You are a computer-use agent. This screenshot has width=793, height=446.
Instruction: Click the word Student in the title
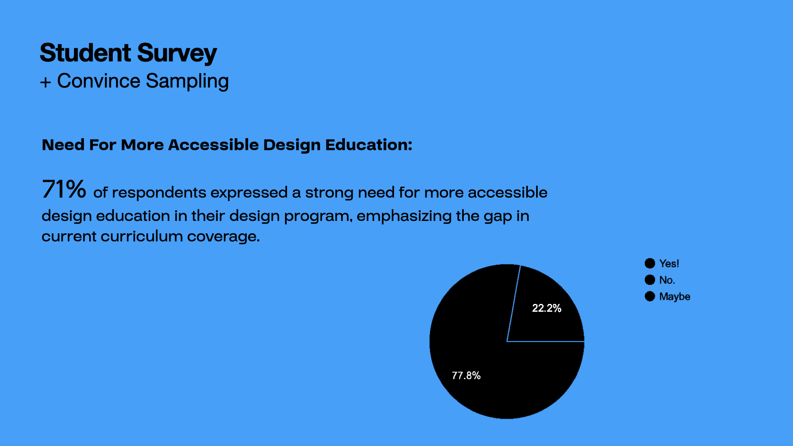(x=85, y=53)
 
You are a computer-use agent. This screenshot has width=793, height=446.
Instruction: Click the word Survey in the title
(x=177, y=54)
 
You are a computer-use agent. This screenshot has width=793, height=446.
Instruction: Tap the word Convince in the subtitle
(x=99, y=81)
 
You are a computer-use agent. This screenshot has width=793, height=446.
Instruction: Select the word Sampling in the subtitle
(x=188, y=82)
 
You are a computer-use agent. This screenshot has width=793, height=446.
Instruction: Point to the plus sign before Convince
(x=45, y=82)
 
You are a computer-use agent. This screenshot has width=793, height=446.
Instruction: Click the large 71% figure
(x=64, y=189)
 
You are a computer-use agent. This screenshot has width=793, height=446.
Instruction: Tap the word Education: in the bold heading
(x=369, y=145)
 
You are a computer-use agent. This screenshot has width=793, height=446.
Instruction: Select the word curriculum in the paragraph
(x=142, y=236)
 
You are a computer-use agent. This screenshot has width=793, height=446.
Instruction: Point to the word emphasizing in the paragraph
(x=404, y=216)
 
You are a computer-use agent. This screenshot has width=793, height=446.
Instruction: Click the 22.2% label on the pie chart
(x=546, y=308)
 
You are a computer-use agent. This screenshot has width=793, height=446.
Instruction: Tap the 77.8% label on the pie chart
(x=466, y=375)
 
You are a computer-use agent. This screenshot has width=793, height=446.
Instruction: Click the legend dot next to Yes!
(x=650, y=263)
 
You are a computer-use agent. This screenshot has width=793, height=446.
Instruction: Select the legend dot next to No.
(x=650, y=280)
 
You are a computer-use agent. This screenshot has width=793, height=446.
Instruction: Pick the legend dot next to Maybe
(x=650, y=297)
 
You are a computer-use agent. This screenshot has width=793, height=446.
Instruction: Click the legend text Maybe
(x=675, y=297)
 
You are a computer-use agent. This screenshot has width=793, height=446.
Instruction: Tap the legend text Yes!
(x=669, y=263)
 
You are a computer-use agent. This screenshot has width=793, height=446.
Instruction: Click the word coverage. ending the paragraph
(x=223, y=237)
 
